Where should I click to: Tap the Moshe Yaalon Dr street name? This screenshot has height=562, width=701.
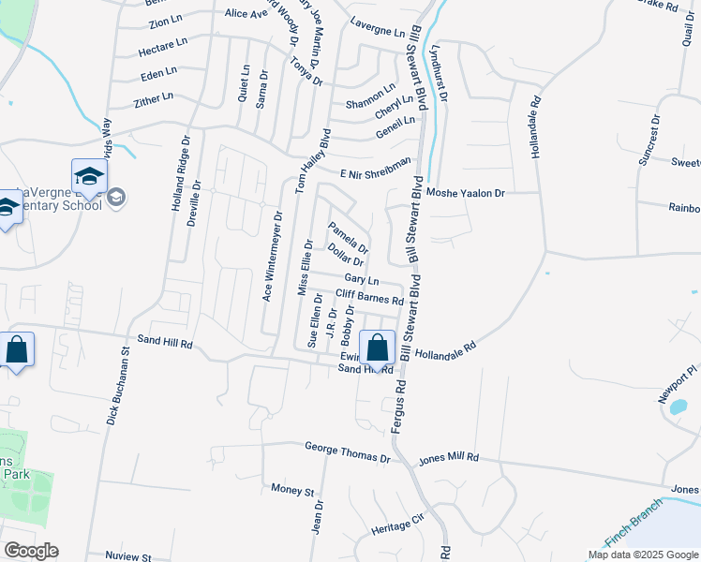click(x=466, y=192)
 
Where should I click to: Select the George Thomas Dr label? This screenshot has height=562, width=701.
click(x=347, y=453)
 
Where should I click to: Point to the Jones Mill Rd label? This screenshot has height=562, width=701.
click(x=449, y=458)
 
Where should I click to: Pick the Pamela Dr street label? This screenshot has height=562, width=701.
click(x=348, y=237)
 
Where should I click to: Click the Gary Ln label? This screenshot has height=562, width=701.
click(x=361, y=280)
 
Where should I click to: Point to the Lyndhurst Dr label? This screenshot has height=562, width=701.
click(x=439, y=72)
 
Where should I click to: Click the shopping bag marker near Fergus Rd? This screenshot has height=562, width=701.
click(x=377, y=348)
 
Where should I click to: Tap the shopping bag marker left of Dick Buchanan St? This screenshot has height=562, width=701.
click(x=17, y=351)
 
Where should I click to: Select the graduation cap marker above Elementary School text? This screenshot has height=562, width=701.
click(x=90, y=177)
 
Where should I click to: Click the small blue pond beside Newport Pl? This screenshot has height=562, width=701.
click(x=678, y=407)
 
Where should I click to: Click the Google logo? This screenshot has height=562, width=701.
click(x=31, y=551)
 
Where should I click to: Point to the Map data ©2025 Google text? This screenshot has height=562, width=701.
click(x=642, y=554)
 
